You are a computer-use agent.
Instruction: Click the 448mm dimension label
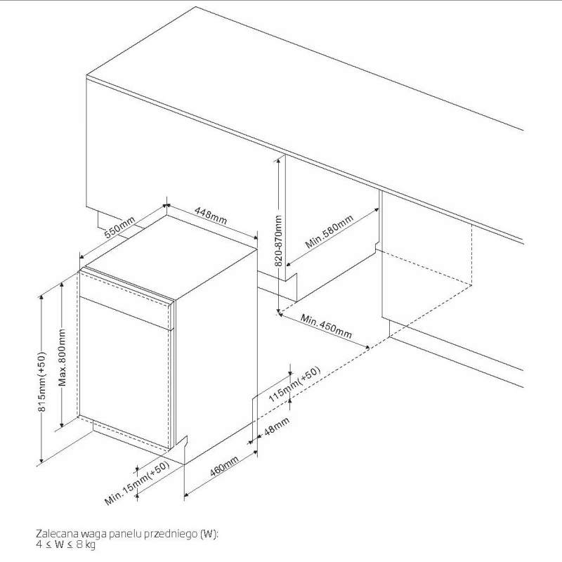[x=211, y=215]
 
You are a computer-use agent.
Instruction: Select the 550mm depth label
[x=119, y=227]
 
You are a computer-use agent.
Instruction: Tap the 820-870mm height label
[x=279, y=241]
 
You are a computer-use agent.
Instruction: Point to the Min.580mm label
[x=329, y=232]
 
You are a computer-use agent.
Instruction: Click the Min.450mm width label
[x=326, y=326]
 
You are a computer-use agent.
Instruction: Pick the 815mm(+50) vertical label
[x=42, y=381]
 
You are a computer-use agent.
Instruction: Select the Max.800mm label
[x=63, y=358]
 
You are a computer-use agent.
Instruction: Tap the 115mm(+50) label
[x=294, y=384]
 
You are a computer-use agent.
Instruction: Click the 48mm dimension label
[x=277, y=426]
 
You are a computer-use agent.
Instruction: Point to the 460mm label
[x=224, y=466]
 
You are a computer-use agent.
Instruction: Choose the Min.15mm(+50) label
[x=137, y=483]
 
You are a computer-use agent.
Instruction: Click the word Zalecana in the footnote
[x=57, y=534]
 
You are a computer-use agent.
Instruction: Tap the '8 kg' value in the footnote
[x=86, y=545]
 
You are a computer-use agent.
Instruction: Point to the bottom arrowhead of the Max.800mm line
[x=63, y=425]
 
